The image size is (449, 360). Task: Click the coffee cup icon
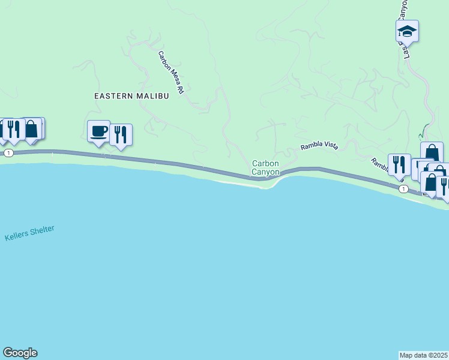coord(98,131)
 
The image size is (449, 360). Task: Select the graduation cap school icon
coord(407,31)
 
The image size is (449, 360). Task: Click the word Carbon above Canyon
coord(265,163)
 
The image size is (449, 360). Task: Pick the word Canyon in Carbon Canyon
coord(265,172)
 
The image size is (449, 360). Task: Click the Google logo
coord(20,353)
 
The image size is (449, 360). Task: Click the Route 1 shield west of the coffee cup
coord(8,154)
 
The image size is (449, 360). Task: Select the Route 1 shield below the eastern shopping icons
coord(403,189)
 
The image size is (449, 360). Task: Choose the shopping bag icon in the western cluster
coord(31,128)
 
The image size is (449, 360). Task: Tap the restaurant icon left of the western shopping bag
coord(13,129)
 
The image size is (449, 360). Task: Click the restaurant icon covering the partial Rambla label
coord(399,164)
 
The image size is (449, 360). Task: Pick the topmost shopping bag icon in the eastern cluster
coord(432,152)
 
